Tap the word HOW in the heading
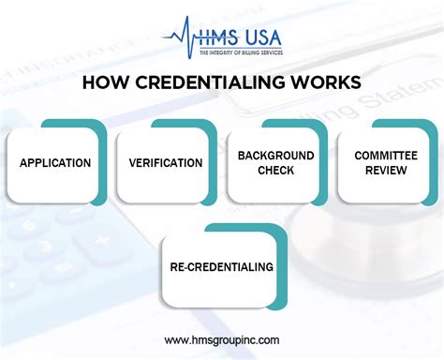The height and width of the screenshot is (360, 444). coord(102,83)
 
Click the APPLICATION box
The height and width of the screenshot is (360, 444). coord(55,163)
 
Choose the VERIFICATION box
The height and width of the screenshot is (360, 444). coord(166,163)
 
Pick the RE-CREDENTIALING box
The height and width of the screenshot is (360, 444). coord(221,267)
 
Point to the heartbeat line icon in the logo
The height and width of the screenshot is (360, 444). coord(178,36)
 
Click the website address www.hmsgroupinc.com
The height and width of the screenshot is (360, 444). coord(221,339)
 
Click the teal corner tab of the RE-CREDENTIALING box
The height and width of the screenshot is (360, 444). coord(272,231)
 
